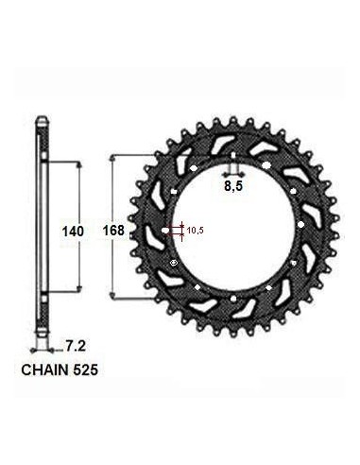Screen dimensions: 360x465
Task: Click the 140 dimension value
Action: point(73,232)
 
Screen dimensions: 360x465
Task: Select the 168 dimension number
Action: point(113,231)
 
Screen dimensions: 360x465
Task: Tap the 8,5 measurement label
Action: point(233,186)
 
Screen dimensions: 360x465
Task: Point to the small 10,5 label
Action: point(196,231)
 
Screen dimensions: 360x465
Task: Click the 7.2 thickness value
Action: point(76,347)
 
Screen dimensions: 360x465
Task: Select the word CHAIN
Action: point(45,370)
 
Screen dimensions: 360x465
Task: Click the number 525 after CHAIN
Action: point(85,370)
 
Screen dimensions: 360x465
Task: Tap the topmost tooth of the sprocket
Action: point(233,120)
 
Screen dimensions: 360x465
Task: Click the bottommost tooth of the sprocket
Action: point(233,335)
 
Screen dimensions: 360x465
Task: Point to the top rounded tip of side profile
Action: point(43,117)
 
